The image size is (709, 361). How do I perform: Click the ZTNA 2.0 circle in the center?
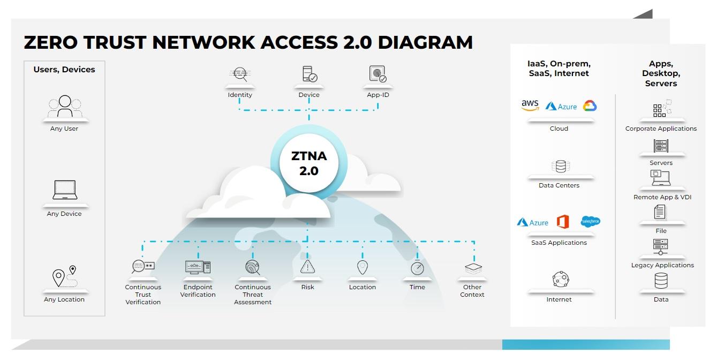tap(305, 163)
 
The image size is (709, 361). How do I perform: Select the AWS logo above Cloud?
tap(530, 106)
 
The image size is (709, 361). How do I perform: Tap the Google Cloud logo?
tap(590, 106)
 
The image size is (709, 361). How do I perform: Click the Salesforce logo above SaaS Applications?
tap(590, 221)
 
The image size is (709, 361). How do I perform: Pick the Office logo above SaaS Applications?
tap(562, 221)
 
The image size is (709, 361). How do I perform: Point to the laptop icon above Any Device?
tap(65, 190)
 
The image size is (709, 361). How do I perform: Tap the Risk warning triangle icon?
tap(307, 267)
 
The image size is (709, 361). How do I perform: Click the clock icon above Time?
tap(417, 268)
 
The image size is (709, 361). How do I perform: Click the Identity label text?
tap(240, 95)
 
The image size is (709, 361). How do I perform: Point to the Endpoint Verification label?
tap(198, 291)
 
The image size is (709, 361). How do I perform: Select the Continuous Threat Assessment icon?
tap(252, 267)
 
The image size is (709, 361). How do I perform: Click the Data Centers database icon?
tap(560, 167)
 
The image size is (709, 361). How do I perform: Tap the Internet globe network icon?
tap(560, 279)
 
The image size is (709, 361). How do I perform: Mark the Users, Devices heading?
tap(64, 70)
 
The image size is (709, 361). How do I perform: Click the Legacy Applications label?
tap(662, 265)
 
